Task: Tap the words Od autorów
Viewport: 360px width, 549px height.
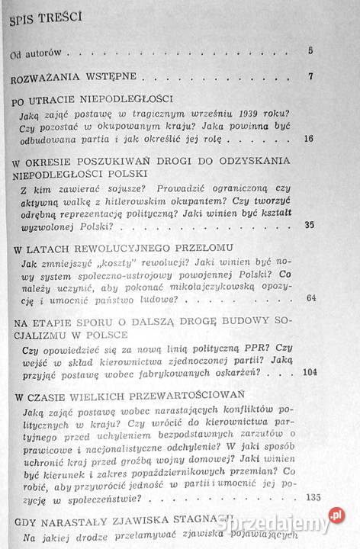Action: click(x=35, y=53)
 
